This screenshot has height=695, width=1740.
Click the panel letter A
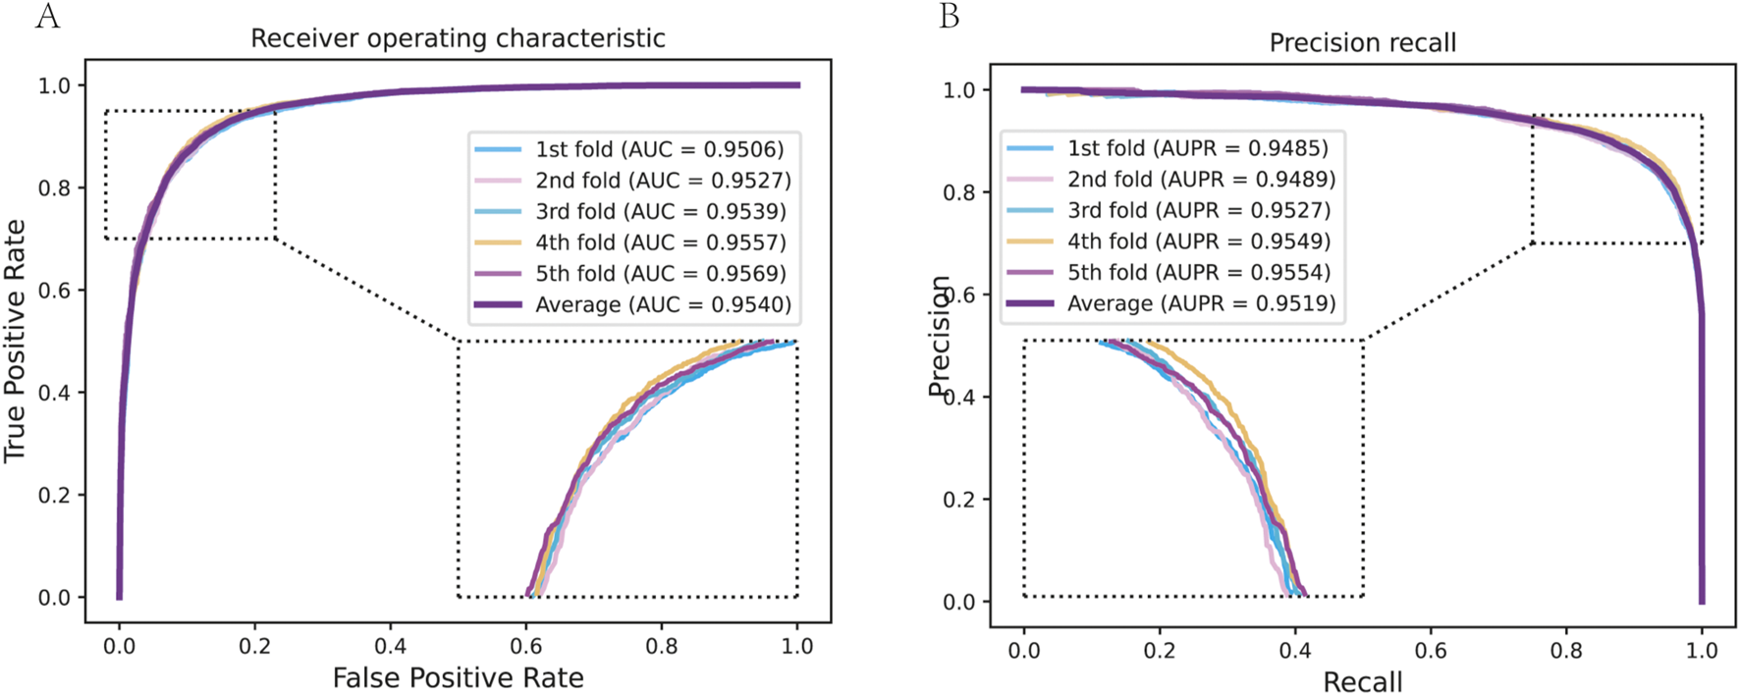46,17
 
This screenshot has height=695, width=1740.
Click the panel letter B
949,17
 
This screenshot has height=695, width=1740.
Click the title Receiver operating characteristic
458,38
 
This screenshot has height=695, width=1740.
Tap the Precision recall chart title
1362,43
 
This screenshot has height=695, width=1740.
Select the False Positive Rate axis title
458,677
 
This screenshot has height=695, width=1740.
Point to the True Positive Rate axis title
15,341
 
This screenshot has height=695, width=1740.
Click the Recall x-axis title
1362,682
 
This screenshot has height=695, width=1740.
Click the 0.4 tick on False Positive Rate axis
391,646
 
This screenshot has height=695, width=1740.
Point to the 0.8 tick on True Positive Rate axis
54,187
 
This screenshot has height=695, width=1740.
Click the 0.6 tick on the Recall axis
1431,650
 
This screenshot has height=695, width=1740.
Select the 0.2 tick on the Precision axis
959,500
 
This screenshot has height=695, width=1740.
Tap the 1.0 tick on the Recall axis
1702,650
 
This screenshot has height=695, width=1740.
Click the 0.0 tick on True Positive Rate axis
54,597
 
